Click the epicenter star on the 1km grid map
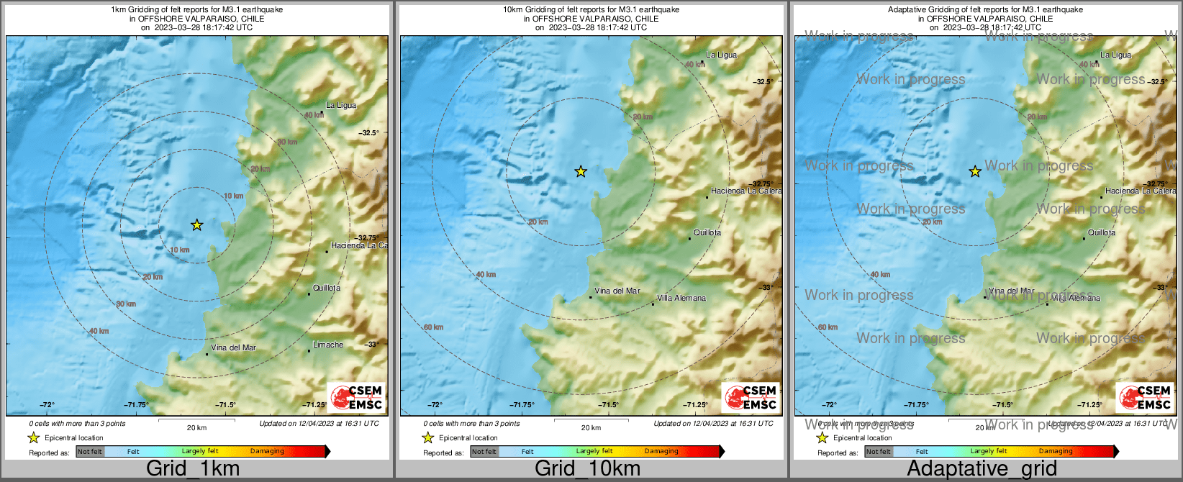[x=197, y=225]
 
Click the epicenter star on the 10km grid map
[x=581, y=171]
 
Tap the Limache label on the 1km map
[x=328, y=345]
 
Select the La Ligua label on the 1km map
[x=341, y=105]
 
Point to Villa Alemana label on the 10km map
[x=681, y=298]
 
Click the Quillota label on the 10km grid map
[x=707, y=232]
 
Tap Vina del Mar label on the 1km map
[x=233, y=347]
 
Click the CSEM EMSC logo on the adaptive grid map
[x=1144, y=397]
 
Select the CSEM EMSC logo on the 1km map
[x=355, y=397]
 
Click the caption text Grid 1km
[x=193, y=469]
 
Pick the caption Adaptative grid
[x=982, y=469]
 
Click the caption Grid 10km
[x=587, y=469]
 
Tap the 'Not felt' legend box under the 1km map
[x=90, y=451]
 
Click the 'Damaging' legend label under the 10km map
[x=661, y=451]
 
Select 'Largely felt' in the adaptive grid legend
[x=989, y=451]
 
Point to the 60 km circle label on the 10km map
[x=434, y=327]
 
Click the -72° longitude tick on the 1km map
[x=47, y=405]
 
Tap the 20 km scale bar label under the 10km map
[x=591, y=427]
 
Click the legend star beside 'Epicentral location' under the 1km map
[x=33, y=437]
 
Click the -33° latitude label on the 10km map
[x=766, y=287]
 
